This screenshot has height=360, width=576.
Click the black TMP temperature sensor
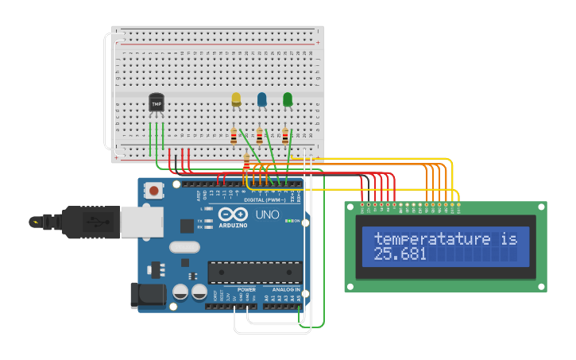click(x=157, y=103)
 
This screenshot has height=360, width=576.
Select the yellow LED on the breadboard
click(x=236, y=99)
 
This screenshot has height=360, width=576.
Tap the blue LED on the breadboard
click(x=261, y=99)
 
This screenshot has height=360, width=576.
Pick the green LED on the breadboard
click(x=288, y=99)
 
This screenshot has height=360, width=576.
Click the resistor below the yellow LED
click(x=234, y=137)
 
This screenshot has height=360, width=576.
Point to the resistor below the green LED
click(x=285, y=137)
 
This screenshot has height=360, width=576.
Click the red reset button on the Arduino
click(x=154, y=191)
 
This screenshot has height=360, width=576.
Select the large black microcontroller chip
click(x=254, y=273)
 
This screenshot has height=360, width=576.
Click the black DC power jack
click(x=148, y=295)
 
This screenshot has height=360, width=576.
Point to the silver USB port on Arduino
click(x=142, y=223)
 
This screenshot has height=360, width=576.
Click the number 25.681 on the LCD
click(x=400, y=254)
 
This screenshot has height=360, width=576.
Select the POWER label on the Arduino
click(x=246, y=290)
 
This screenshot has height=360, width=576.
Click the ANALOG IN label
click(x=287, y=290)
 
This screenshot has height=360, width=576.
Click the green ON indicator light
click(x=289, y=221)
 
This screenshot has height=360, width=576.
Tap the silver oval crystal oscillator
click(x=184, y=247)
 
